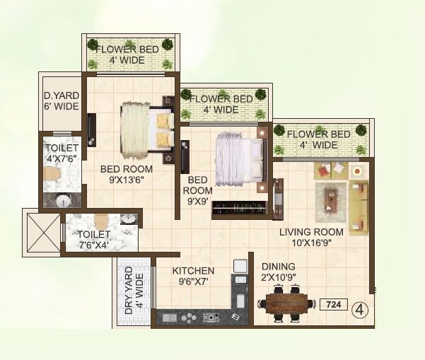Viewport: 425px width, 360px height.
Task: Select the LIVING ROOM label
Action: pos(310,237)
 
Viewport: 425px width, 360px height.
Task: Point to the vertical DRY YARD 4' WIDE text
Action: pos(134,291)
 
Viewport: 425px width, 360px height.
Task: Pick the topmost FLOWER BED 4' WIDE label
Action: pos(128,54)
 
